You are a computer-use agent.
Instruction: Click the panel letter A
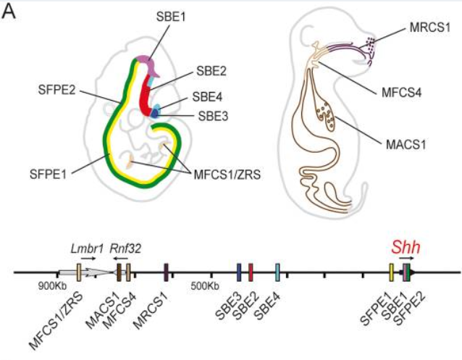12,14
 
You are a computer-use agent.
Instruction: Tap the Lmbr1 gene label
84,248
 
